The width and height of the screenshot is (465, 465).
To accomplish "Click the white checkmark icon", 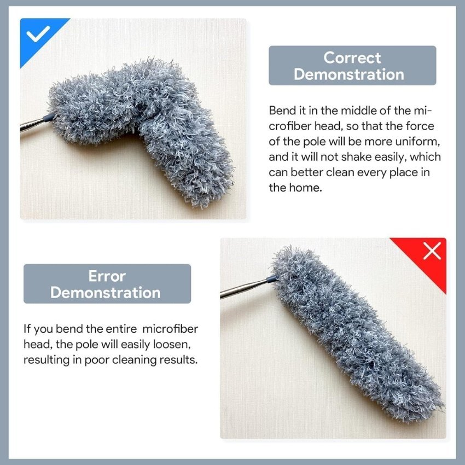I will pos(38,35).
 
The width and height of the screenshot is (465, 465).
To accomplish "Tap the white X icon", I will pos(432,252).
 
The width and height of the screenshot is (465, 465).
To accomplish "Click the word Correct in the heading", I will pos(352,57).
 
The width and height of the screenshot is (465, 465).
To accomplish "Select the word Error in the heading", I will pos(107,276).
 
